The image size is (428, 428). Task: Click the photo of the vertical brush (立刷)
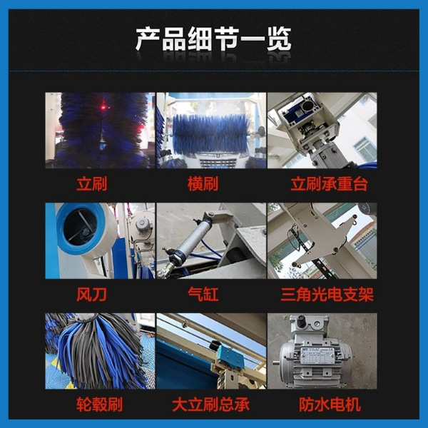tap(99, 130)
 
